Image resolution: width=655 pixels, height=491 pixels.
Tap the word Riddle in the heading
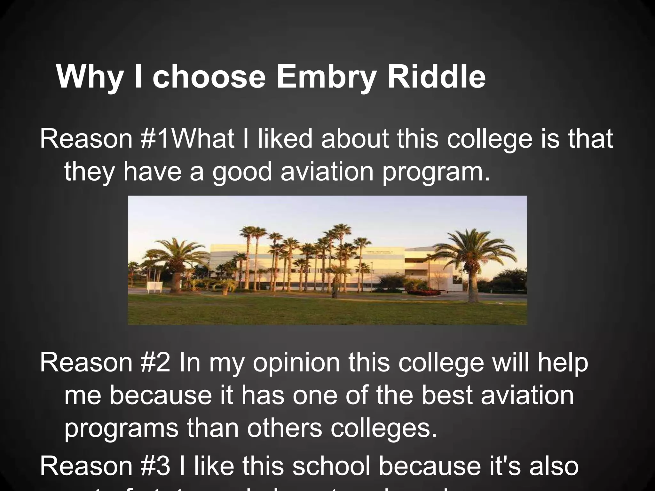(436, 77)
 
